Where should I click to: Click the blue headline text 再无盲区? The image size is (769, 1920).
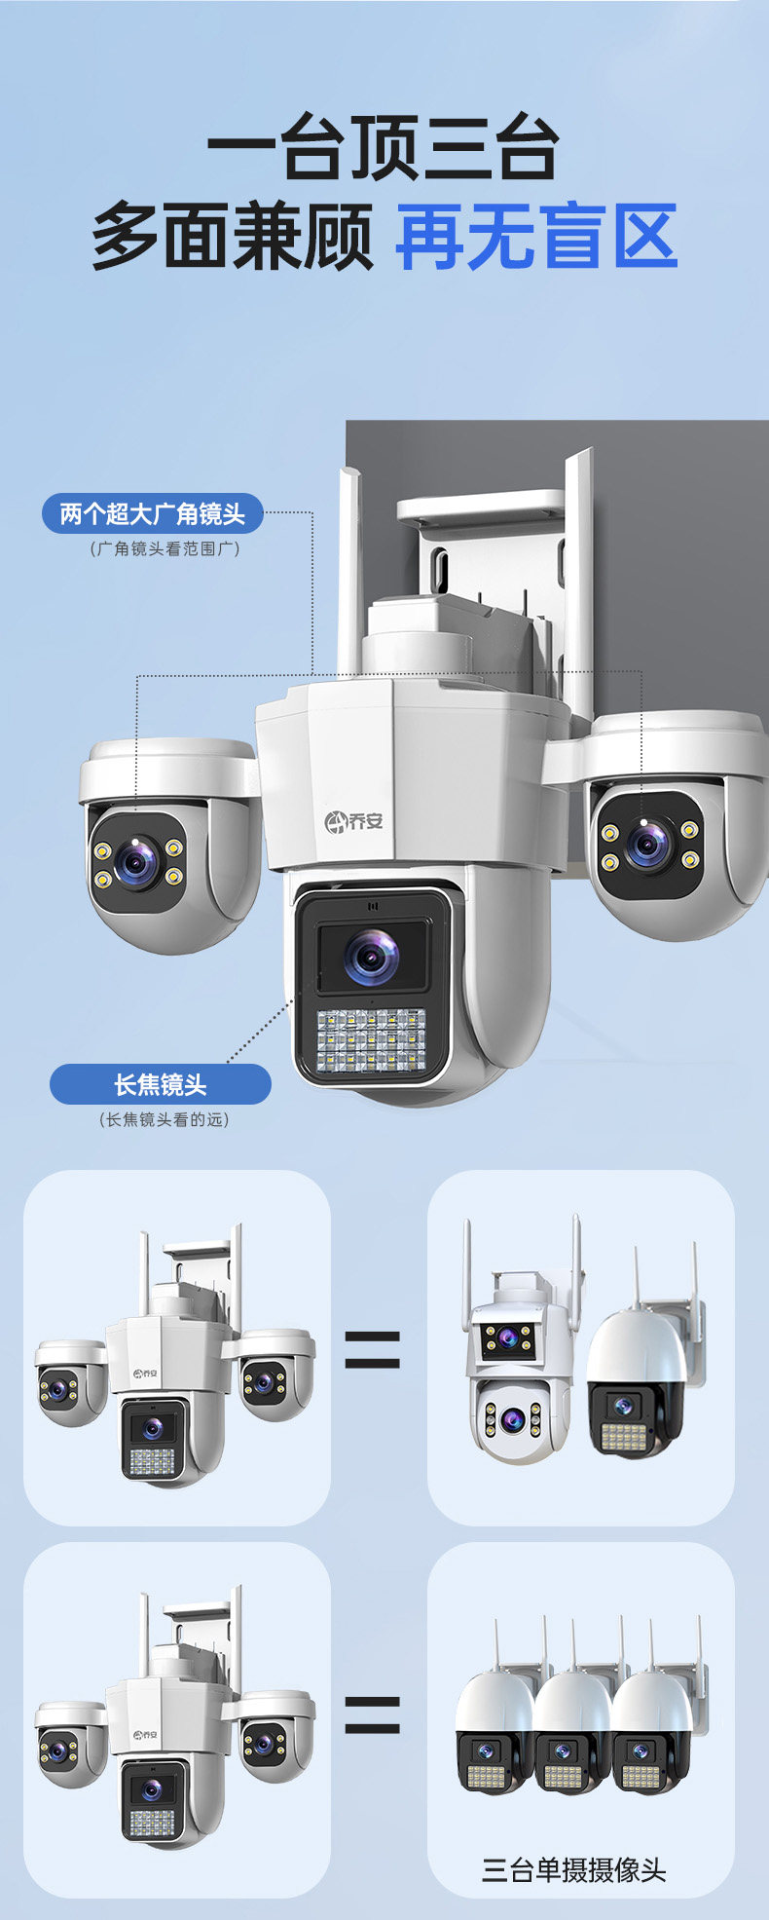[x=536, y=237]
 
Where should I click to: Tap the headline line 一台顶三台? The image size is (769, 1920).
[x=384, y=148]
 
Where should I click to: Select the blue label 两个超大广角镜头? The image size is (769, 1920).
[x=153, y=513]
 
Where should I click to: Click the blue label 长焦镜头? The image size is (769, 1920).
[x=161, y=1084]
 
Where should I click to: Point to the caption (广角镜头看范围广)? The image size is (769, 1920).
[x=165, y=548]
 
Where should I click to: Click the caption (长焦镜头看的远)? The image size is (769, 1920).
[x=164, y=1119]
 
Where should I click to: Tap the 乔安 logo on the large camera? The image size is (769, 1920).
[x=354, y=820]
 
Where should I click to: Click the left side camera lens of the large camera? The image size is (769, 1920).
[x=135, y=861]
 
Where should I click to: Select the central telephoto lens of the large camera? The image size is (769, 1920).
[x=372, y=955]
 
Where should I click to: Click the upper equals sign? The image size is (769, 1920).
[x=373, y=1349]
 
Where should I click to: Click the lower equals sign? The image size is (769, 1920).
[x=373, y=1714]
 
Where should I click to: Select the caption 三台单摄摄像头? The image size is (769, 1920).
[x=574, y=1869]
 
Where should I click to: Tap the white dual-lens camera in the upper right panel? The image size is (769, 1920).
[x=516, y=1364]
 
